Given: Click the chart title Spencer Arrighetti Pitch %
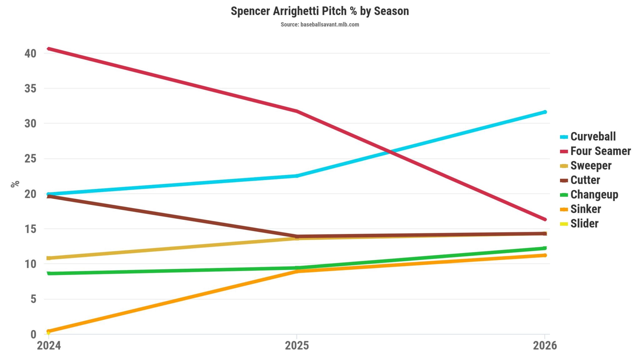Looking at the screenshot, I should coord(320,11).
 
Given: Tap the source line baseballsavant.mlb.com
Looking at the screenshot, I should coord(320,24).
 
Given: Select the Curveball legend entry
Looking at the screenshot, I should coord(592,137).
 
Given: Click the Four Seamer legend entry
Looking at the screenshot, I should coord(600,151).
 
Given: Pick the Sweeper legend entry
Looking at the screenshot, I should coord(591,166).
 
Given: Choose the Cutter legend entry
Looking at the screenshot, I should coord(585,180).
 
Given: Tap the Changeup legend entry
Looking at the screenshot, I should coord(594,195).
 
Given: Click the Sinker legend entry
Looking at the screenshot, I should coord(585,209).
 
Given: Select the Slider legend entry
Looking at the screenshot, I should coord(584,224).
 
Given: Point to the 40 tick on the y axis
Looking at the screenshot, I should coord(30,53).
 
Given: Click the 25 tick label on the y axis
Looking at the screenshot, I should coord(30,159).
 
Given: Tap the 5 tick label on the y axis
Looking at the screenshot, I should coord(33,299).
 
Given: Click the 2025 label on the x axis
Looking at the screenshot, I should coord(297,346).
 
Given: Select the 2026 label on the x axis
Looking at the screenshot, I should coord(545,346).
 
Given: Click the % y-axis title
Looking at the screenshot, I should coord(15,184).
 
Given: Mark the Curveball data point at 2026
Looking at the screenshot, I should coord(545,112).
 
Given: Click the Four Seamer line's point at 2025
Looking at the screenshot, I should coord(297,111).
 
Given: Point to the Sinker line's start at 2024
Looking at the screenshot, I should coord(49,331).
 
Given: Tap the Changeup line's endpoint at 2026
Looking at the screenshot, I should coord(545,248).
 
